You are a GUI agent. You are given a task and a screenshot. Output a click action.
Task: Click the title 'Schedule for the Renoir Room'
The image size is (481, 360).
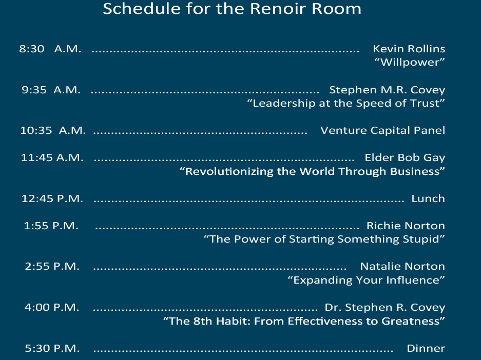[232, 9]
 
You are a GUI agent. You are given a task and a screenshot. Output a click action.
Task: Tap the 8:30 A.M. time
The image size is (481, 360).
[50, 49]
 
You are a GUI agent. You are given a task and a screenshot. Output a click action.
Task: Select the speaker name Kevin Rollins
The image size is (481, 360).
[409, 49]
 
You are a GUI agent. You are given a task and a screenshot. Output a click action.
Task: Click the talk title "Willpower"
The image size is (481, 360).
[410, 62]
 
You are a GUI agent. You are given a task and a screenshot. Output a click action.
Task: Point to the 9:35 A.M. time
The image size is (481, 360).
[51, 90]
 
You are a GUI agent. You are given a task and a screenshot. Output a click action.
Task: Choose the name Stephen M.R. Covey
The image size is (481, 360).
[387, 90]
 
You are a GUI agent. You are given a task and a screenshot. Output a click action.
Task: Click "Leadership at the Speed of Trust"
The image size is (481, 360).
[346, 103]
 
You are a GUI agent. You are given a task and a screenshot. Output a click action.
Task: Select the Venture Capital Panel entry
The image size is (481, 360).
[383, 131]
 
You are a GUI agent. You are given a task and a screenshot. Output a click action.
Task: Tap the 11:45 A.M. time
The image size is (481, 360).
[52, 157]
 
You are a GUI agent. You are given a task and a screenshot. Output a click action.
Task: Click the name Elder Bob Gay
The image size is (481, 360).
[405, 157]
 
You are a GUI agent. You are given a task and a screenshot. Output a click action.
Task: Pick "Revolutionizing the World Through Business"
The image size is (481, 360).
[312, 171]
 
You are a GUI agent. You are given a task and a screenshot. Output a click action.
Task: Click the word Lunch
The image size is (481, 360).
[428, 198]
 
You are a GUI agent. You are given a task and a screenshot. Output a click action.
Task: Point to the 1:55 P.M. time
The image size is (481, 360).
[51, 226]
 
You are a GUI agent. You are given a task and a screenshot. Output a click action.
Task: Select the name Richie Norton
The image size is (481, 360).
[406, 226]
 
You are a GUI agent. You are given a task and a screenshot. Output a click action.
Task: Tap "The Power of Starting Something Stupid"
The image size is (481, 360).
[324, 239]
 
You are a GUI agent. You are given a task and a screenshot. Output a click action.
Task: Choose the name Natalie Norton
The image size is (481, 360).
[403, 267]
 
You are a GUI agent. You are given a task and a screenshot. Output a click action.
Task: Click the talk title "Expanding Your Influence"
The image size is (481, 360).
[367, 280]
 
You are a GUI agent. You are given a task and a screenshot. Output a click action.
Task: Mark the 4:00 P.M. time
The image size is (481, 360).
[52, 307]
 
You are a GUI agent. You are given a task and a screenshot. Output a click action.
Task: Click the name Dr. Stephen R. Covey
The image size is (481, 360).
[385, 307]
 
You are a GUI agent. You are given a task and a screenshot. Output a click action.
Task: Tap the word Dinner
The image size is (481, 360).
[426, 348]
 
